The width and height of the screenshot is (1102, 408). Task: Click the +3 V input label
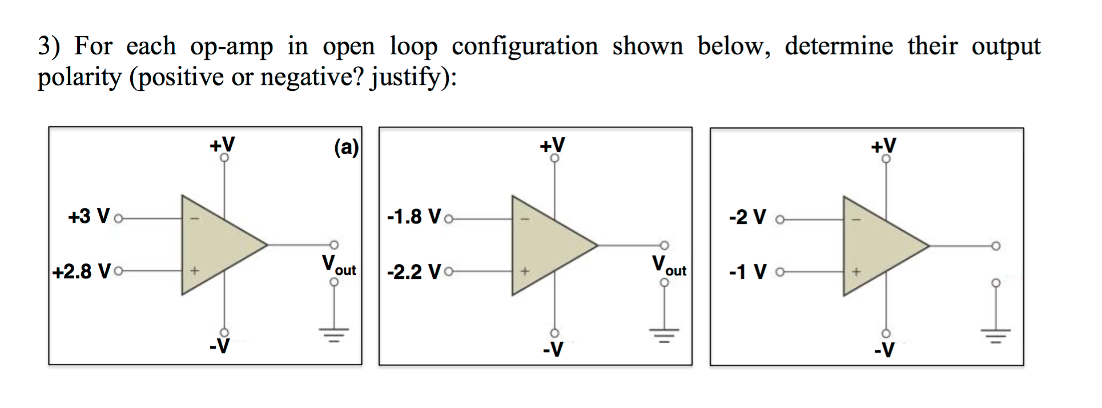pyautogui.click(x=89, y=217)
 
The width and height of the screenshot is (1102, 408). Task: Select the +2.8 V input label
pyautogui.click(x=81, y=271)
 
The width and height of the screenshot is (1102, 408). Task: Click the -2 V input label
pyautogui.click(x=747, y=217)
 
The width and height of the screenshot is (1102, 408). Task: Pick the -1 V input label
pyautogui.click(x=747, y=271)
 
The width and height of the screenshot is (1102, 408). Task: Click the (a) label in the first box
pyautogui.click(x=346, y=147)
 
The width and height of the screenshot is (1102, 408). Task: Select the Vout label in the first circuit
pyautogui.click(x=339, y=265)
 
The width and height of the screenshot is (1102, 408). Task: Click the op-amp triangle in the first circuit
pyautogui.click(x=217, y=245)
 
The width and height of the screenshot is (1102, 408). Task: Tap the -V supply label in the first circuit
pyautogui.click(x=219, y=346)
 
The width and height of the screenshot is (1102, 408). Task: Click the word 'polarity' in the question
pyautogui.click(x=79, y=77)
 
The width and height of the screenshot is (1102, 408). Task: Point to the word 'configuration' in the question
pyautogui.click(x=525, y=46)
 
